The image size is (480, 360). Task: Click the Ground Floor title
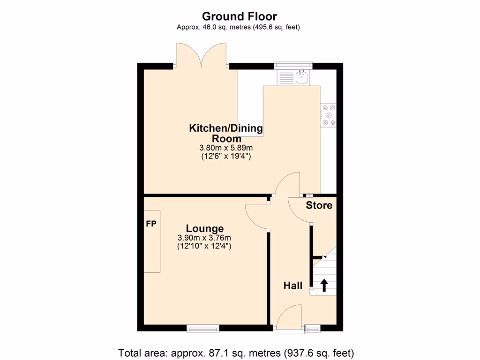tap(240, 16)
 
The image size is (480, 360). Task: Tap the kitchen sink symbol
tap(302, 77)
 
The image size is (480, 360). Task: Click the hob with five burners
tap(329, 115)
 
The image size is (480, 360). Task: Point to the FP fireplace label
tap(151, 224)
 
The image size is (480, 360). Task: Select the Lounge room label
tap(204, 228)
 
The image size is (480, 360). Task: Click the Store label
tap(319, 205)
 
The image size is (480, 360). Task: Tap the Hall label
tap(292, 285)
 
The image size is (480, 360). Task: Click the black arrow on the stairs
tap(323, 285)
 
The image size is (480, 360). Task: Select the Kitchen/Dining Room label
tap(226, 133)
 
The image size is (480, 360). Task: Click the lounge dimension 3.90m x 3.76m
tap(204, 238)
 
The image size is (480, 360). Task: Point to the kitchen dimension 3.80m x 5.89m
tap(226, 148)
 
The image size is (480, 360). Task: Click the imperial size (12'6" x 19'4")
tap(226, 157)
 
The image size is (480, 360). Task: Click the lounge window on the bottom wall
tap(203, 328)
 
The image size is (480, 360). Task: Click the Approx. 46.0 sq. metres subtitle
tap(238, 27)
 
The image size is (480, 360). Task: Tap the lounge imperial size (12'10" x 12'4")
tap(204, 246)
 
